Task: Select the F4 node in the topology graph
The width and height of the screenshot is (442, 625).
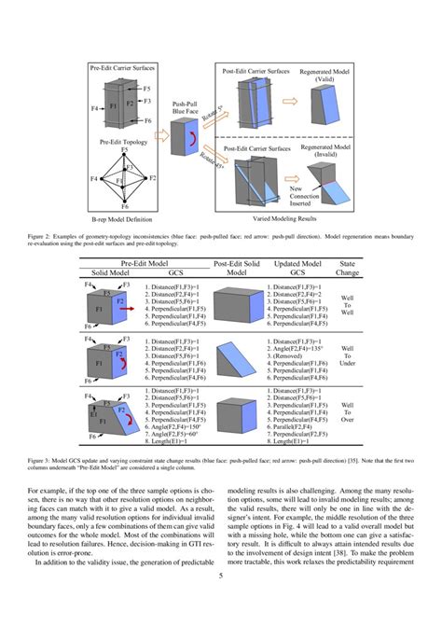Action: tap(93, 177)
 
